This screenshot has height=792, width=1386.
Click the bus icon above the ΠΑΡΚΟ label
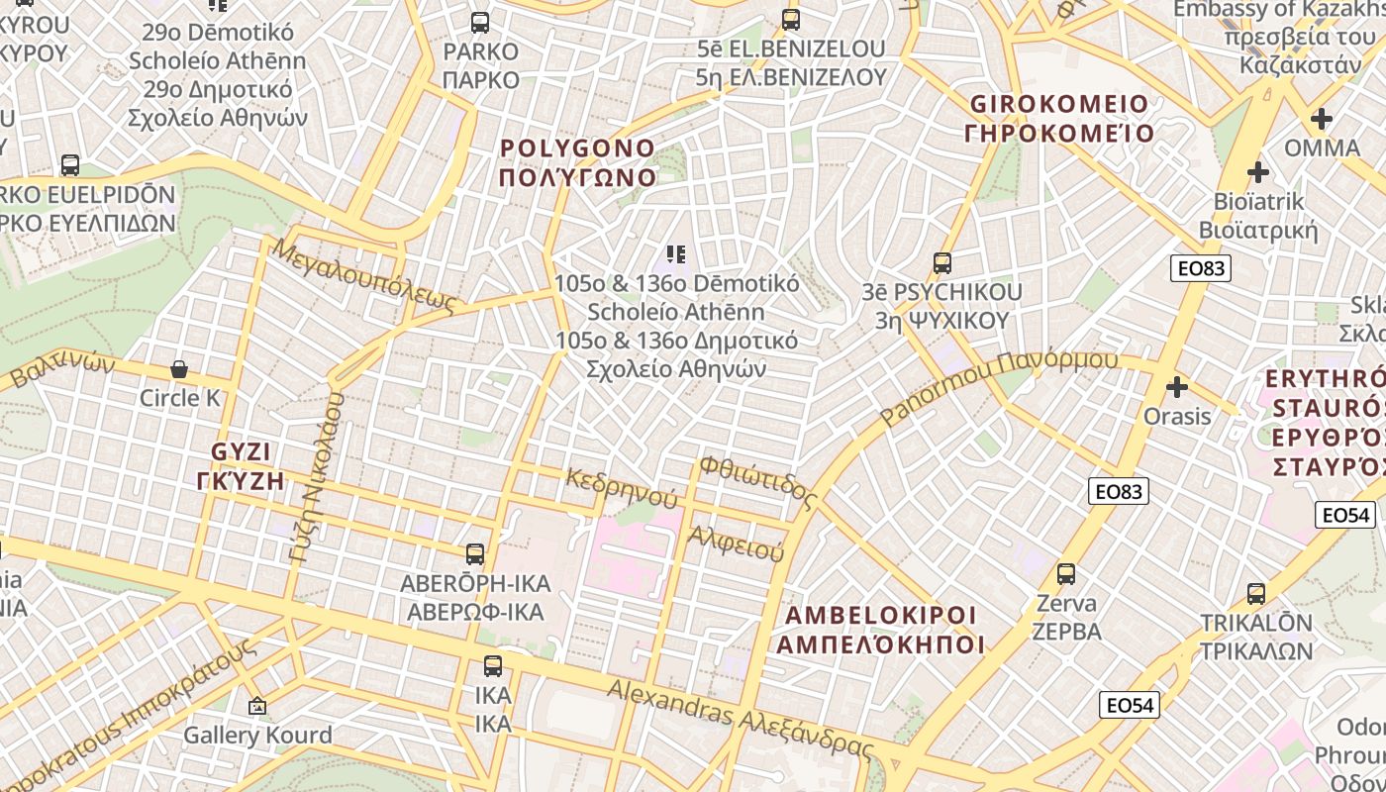(x=480, y=22)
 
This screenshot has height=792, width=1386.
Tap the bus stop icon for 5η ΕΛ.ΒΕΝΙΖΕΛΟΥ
(x=790, y=19)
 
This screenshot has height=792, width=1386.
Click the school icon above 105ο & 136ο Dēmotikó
(x=677, y=254)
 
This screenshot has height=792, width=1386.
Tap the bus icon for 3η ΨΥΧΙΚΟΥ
(x=942, y=263)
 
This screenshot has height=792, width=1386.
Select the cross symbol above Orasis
(x=1177, y=387)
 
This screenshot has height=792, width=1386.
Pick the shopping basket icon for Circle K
(x=179, y=369)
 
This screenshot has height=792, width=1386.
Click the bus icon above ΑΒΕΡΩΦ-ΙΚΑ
(x=475, y=553)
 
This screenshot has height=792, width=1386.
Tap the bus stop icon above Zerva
(x=1066, y=573)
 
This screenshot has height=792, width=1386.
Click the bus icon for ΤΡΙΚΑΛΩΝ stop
(x=1256, y=594)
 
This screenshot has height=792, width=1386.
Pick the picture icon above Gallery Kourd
(x=257, y=706)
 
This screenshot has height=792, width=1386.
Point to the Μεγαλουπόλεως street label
(x=366, y=274)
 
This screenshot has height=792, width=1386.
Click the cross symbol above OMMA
(x=1322, y=120)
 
